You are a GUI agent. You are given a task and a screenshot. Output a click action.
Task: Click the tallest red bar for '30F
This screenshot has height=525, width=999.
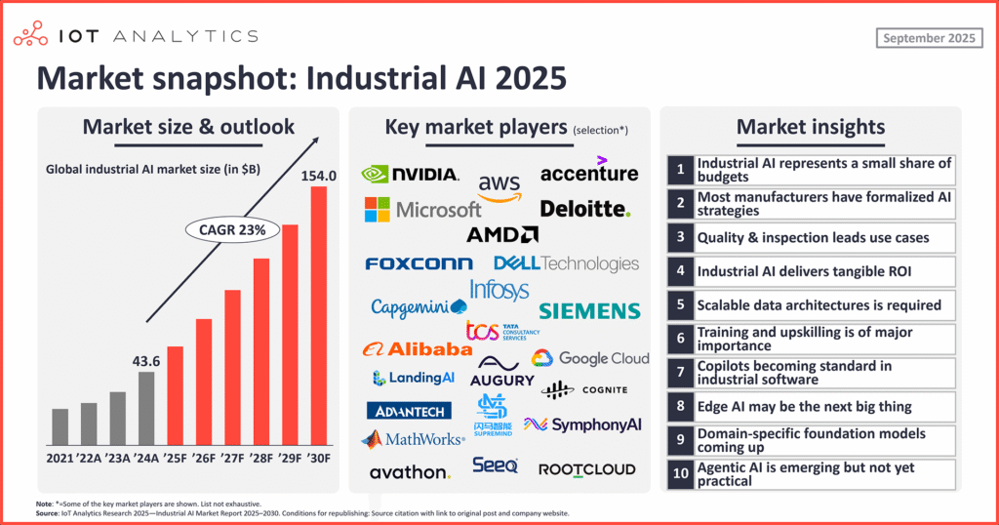(x=318, y=314)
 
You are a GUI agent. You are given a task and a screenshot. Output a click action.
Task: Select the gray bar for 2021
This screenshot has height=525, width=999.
(x=60, y=425)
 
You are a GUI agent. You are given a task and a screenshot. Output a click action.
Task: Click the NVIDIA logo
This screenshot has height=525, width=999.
(x=410, y=174)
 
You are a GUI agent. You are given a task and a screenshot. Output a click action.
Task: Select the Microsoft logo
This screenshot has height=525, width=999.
(x=422, y=209)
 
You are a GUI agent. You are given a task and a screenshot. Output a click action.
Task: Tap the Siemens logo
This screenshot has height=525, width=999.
(x=589, y=310)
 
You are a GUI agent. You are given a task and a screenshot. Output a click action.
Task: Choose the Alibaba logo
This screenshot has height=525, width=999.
(x=417, y=348)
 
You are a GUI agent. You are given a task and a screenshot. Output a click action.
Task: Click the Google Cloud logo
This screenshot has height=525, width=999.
(x=590, y=358)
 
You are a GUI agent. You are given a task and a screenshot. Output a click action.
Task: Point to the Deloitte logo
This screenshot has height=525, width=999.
(x=585, y=209)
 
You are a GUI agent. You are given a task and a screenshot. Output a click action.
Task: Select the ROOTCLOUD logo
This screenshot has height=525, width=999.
(x=586, y=469)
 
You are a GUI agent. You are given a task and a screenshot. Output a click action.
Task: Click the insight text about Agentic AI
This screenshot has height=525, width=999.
(x=806, y=474)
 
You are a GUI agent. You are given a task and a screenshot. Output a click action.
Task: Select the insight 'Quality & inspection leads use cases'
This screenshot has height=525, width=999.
(x=812, y=237)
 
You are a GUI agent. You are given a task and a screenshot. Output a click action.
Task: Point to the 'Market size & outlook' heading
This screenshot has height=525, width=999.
(x=188, y=126)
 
